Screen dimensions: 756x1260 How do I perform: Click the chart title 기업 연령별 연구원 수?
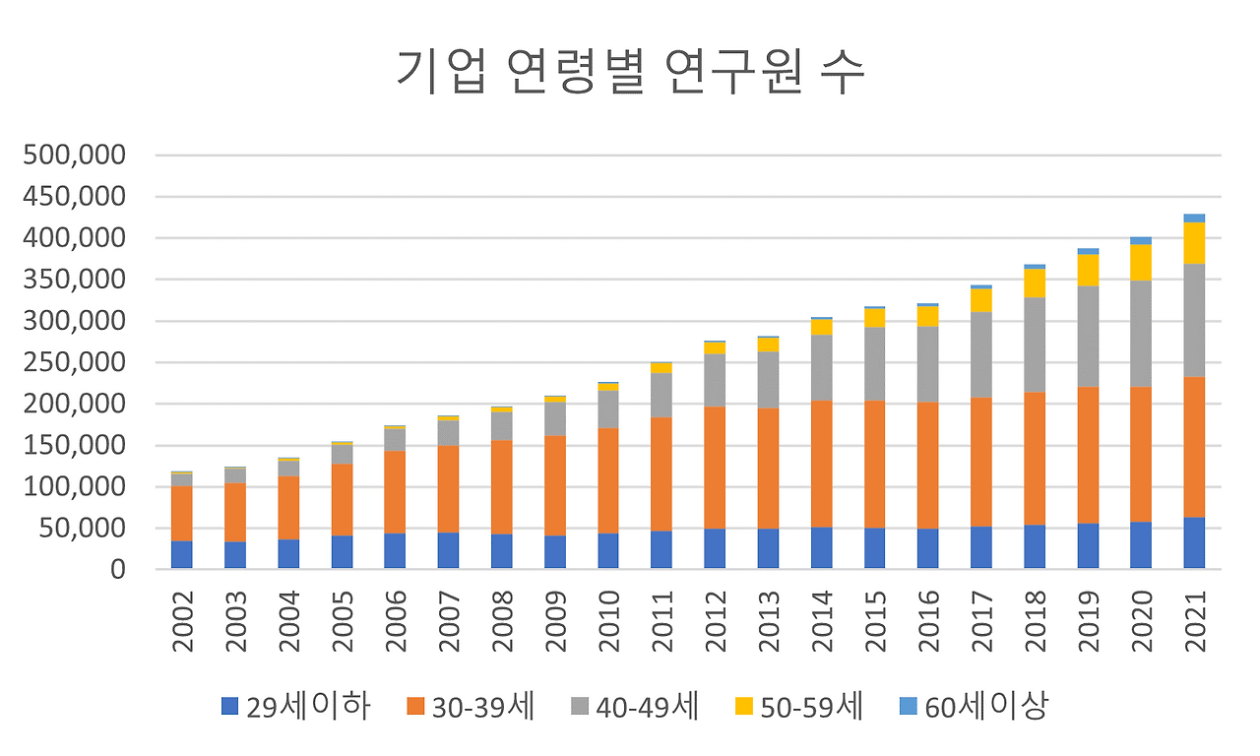630,71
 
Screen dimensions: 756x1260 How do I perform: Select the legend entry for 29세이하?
295,706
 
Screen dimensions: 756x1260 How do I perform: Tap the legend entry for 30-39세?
470,706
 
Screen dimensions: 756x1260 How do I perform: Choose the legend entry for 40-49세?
634,706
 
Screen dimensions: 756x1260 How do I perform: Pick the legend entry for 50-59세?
798,706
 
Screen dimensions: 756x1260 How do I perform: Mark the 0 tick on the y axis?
117,570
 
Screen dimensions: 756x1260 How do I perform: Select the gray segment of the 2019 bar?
1088,337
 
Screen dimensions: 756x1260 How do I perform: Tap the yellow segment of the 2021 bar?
1194,242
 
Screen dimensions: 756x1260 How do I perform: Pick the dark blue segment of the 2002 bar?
181,554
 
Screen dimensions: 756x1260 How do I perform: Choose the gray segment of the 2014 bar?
821,367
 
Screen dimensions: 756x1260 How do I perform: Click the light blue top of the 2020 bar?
1141,240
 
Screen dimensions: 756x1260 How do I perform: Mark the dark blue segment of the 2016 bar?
927,549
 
